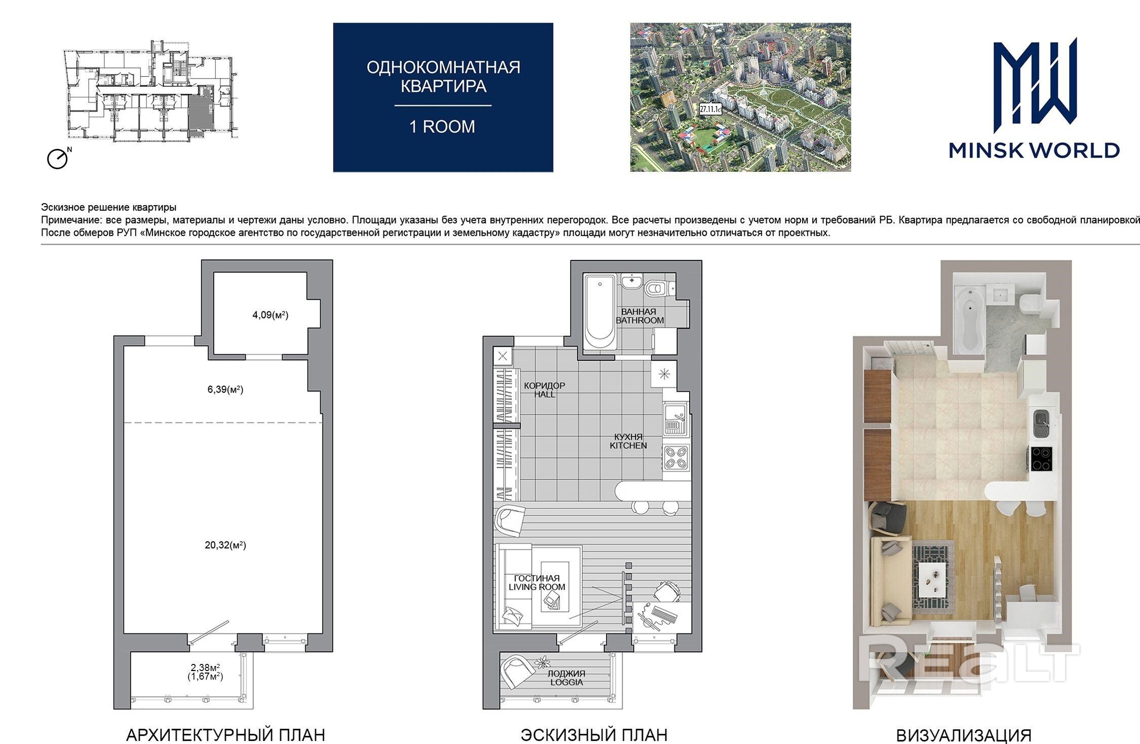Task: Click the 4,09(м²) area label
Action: tap(270, 315)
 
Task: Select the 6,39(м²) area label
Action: tap(225, 390)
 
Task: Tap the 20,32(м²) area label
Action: tap(225, 545)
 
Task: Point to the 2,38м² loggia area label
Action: tap(205, 667)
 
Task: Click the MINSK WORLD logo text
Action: tap(1034, 150)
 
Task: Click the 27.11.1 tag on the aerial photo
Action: tap(710, 109)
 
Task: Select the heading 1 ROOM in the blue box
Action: tap(442, 127)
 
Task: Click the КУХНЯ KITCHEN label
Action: tap(628, 441)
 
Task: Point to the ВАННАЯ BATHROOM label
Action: tap(639, 316)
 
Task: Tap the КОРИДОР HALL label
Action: tap(544, 390)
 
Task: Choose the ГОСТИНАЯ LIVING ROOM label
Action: tap(537, 582)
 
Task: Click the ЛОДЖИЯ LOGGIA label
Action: tap(566, 678)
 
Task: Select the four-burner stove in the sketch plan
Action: tap(676, 458)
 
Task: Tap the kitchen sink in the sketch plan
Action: tap(675, 419)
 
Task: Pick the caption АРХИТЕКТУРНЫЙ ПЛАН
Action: tap(225, 734)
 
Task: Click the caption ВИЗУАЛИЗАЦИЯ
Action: tap(964, 735)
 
